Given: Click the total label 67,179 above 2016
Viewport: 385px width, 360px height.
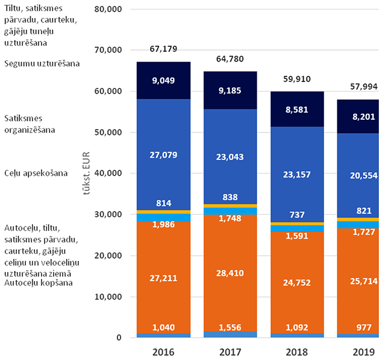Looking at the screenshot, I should (x=163, y=49).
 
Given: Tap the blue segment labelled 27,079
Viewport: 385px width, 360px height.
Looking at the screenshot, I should (x=163, y=155).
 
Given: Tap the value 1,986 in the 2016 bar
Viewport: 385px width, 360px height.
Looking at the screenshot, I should (x=163, y=225).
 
